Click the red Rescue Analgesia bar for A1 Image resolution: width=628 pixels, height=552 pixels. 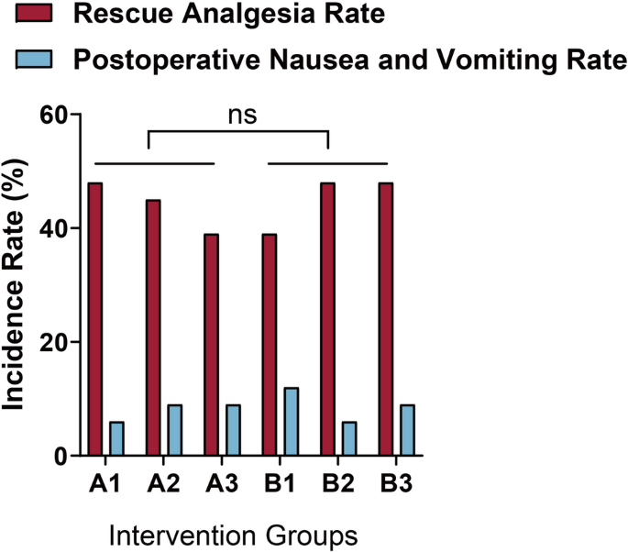(95, 319)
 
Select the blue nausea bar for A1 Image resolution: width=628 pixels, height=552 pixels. (116, 438)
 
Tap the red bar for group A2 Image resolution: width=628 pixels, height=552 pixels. (153, 327)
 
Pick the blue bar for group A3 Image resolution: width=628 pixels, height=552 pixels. (232, 430)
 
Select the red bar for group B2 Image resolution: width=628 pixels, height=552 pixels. (327, 319)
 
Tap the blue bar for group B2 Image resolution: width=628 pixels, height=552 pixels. (348, 438)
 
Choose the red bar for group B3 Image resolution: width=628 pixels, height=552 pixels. (385, 319)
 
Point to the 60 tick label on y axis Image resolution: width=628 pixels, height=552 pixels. (56, 115)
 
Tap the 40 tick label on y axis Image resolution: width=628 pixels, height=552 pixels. (56, 228)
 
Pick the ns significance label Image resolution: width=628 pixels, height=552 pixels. (242, 115)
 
